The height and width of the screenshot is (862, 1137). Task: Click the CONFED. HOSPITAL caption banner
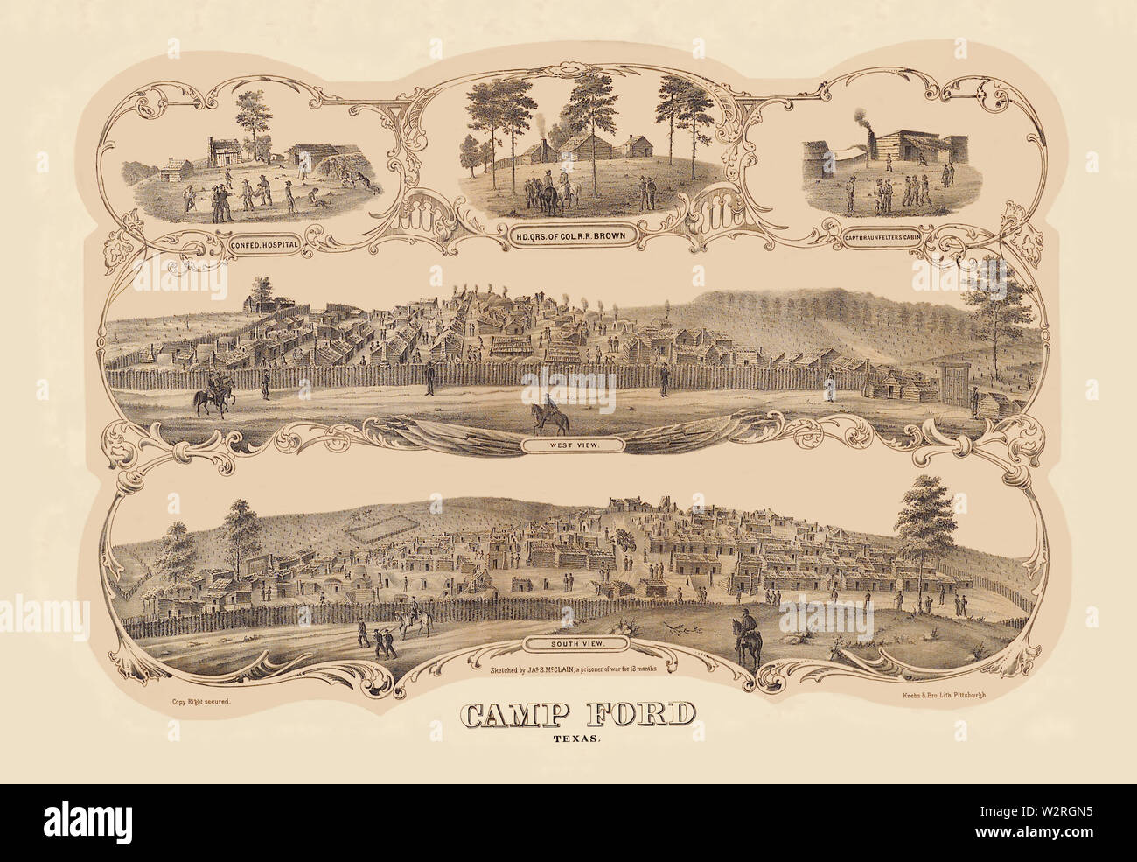click(259, 247)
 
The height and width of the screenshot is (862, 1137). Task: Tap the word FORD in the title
click(647, 715)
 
